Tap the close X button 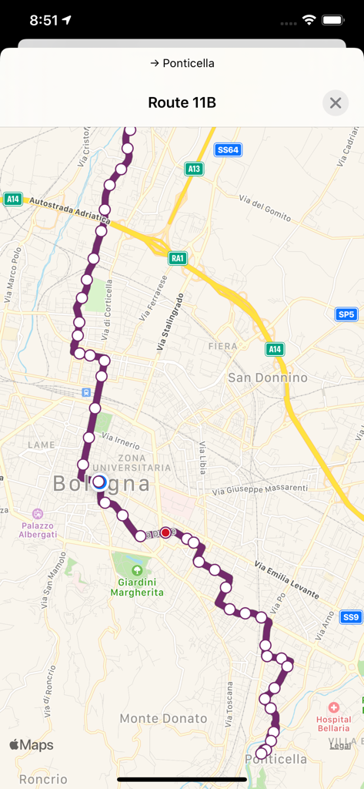(336, 102)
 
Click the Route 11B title (182, 102)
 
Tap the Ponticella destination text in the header (182, 63)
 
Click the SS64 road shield (228, 150)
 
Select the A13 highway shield (194, 169)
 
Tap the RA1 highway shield (179, 258)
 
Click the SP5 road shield (346, 314)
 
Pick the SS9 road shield (351, 617)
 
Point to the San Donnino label (268, 378)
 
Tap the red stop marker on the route (165, 532)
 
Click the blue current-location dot (99, 482)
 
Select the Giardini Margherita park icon (137, 571)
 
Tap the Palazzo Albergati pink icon (37, 513)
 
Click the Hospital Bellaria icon (333, 707)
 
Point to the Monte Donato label (163, 718)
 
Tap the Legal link (340, 745)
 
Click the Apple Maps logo (32, 745)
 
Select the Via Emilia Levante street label (286, 580)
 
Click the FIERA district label (223, 347)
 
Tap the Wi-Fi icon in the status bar (309, 20)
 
